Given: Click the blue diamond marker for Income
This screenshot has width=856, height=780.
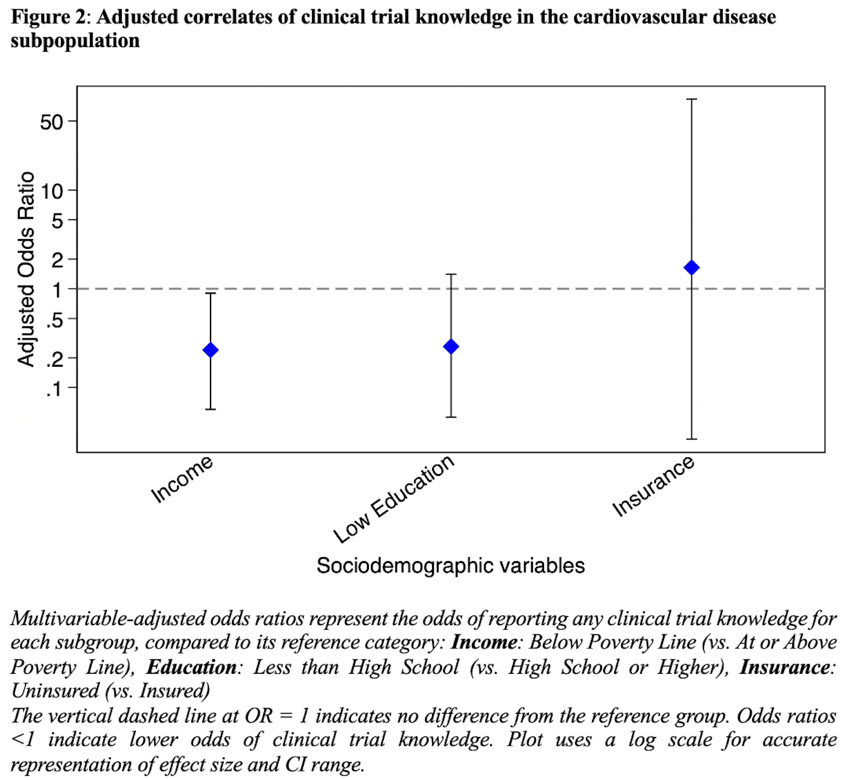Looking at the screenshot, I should point(211,350).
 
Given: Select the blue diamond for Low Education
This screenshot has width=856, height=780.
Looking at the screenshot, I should point(451,346).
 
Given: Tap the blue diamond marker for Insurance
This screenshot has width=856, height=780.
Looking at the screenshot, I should point(691,268).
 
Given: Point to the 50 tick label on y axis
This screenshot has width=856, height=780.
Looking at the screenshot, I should point(51,122).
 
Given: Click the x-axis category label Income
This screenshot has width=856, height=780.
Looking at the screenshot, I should point(182,479).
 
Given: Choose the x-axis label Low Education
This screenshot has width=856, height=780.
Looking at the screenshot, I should point(394,499).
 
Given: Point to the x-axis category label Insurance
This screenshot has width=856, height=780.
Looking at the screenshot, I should point(654,486).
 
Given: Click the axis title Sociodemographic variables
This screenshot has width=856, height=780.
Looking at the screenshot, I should point(451,565).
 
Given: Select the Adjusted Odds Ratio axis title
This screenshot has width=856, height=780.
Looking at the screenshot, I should point(26,269).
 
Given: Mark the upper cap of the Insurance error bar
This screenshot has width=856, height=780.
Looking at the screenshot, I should point(691,99).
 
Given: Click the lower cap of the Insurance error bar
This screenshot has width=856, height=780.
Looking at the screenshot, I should point(691,439).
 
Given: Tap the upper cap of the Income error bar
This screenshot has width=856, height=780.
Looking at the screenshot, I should point(211,293).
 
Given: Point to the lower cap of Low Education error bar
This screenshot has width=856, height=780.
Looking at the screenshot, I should point(451,417).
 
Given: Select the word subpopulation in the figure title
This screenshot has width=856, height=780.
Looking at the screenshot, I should point(75,41).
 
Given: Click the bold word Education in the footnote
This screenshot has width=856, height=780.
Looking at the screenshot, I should point(191,667).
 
